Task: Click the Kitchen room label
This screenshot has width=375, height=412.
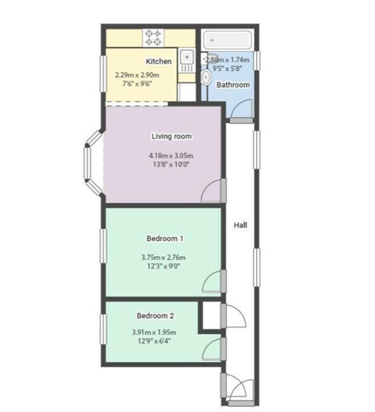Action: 158,62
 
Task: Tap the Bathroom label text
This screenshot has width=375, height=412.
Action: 233,85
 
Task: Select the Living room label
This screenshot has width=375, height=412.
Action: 171,136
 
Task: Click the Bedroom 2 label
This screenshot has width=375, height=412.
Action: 155,315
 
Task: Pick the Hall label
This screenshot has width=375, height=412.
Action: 240,225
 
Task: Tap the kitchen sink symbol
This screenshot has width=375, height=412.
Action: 186,57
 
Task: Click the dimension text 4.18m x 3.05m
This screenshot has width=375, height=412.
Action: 171,156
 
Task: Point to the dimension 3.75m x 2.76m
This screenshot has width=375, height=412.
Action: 163,257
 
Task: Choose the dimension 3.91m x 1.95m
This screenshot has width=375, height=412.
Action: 154,332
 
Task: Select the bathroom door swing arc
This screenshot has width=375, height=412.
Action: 242,107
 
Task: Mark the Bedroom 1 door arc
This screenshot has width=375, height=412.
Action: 213,282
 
